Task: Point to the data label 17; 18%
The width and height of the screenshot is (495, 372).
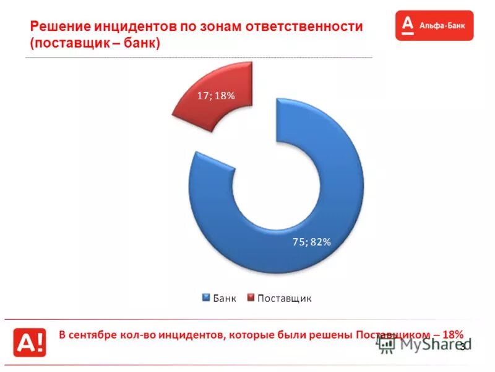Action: (216, 96)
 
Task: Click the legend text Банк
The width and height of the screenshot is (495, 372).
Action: (225, 298)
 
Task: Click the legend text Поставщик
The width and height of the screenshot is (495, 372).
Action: (284, 298)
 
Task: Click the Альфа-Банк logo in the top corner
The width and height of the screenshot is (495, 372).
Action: (434, 25)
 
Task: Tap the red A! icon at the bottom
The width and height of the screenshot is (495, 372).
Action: (30, 341)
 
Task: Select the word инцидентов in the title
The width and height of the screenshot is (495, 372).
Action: (136, 27)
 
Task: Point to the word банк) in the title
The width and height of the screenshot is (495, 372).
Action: (141, 44)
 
